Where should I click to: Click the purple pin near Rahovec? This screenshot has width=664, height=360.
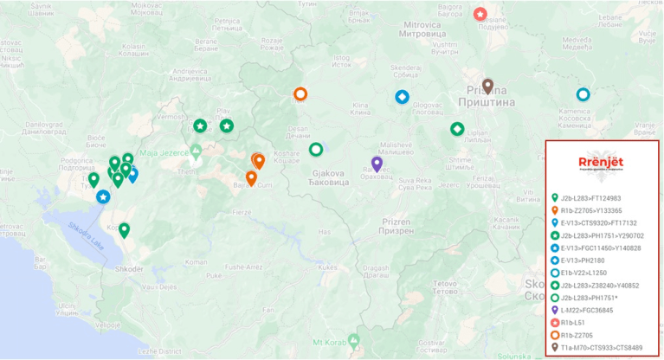coord(377,163)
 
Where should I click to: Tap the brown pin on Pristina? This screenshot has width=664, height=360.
coord(487,86)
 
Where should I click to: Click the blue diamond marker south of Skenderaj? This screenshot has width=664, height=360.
coord(402,97)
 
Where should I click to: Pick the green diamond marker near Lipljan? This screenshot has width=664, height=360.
coord(457,129)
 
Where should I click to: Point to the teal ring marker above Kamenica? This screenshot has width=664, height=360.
coord(583,94)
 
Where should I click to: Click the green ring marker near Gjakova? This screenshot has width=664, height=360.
coord(316,150)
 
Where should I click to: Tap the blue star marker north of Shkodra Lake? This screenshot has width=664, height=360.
coord(103,197)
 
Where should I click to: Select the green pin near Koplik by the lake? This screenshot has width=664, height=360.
coord(125,229)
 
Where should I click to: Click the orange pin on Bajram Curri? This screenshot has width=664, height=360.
coord(251,177)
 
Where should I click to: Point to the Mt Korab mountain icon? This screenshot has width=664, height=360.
coord(353,338)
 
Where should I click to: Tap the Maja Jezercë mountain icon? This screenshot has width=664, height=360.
coord(197,152)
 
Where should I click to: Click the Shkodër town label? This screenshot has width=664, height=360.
coord(127,268)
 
